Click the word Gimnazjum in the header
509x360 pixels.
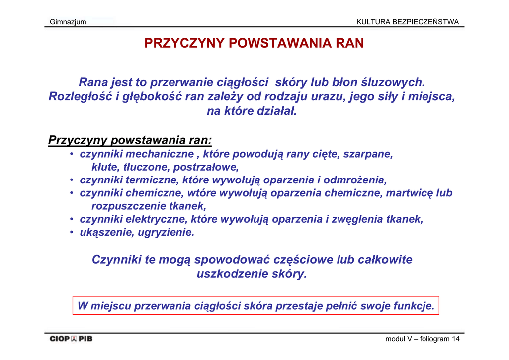click(68, 22)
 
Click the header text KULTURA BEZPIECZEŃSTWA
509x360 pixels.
click(408, 22)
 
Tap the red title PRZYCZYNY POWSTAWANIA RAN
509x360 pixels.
click(254, 43)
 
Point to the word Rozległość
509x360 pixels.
click(80, 96)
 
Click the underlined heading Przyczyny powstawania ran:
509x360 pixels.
click(130, 140)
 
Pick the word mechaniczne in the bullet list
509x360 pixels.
click(159, 154)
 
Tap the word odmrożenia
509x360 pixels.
click(354, 180)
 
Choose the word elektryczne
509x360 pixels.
click(156, 219)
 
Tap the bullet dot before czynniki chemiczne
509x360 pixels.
click(72, 193)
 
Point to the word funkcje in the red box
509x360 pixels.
click(414, 306)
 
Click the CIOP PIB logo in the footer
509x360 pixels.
click(71, 339)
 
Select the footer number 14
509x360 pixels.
click(455, 339)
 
